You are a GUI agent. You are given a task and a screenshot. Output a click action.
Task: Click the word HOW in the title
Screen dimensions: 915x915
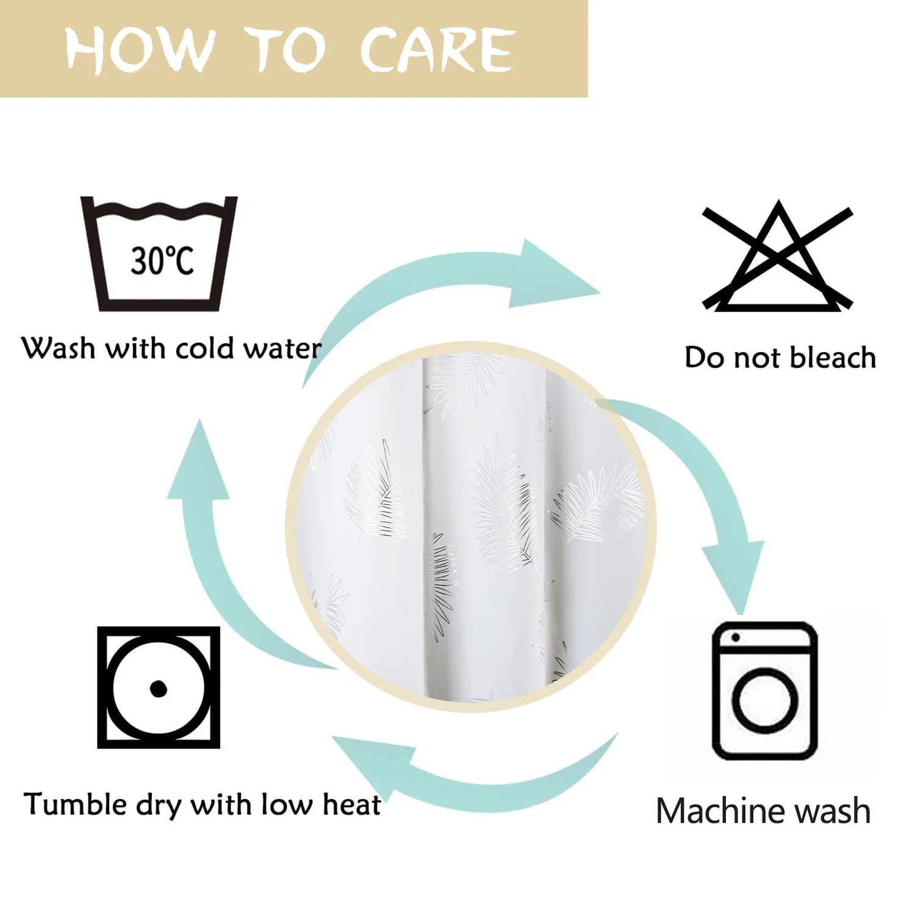point(141,49)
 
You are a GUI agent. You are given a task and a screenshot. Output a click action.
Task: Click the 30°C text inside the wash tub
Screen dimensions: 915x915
point(162,260)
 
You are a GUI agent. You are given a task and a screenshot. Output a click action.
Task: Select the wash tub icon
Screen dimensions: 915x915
point(159,253)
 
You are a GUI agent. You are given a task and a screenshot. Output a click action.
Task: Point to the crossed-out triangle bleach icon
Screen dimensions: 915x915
point(778,256)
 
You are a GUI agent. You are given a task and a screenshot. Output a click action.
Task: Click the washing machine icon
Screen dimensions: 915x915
point(765,691)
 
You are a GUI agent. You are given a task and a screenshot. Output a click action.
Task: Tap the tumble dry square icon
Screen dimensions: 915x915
point(159,687)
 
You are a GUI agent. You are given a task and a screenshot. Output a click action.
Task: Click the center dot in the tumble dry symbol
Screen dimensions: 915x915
point(159,688)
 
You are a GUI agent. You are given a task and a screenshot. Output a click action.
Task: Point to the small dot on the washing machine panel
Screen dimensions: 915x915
point(735,638)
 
